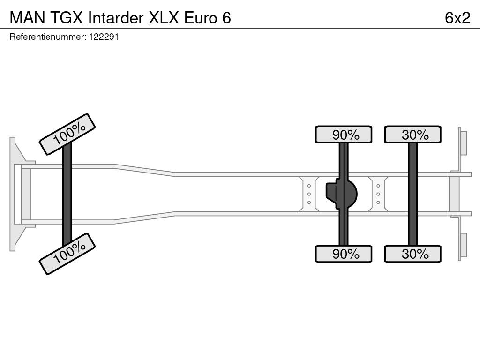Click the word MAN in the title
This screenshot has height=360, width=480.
pos(27,18)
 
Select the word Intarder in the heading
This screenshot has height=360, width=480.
pos(116,18)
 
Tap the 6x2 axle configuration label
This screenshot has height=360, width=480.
pos(457,18)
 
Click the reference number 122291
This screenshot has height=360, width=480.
pos(104,37)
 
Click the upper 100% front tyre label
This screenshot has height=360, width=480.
pos(67,135)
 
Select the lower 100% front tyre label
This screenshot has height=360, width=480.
pos(67,254)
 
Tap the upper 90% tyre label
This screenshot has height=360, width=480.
pos(344,135)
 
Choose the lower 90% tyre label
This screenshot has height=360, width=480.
pos(344,254)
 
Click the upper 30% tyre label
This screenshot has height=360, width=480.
pos(413,135)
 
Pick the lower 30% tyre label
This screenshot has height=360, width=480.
pos(413,254)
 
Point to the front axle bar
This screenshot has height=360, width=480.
pos(67,194)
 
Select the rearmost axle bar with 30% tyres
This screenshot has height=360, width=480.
pos(413,194)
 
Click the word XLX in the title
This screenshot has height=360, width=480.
pos(164,18)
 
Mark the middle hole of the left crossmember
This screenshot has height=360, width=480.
pos(309,194)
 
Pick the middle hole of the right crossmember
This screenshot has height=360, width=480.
pos(378,194)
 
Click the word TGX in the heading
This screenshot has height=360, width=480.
pos(67,18)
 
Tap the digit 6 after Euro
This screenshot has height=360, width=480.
pos(226,18)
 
